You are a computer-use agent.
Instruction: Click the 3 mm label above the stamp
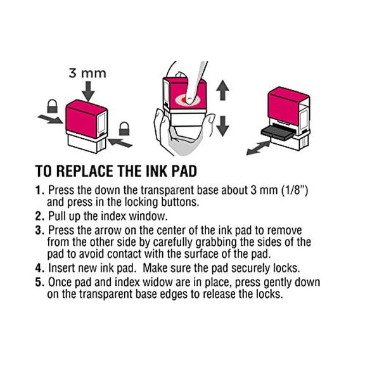click(87, 73)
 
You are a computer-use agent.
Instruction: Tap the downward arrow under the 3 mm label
click(88, 91)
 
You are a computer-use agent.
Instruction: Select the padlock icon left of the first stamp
click(52, 106)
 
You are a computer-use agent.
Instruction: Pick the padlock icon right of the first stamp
click(124, 129)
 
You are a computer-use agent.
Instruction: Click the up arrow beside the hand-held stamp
click(222, 91)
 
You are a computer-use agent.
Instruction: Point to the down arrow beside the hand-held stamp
click(222, 126)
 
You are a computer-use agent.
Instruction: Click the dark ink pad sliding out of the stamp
click(277, 133)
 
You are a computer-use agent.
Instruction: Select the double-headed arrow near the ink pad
click(258, 148)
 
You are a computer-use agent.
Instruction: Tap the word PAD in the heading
click(184, 171)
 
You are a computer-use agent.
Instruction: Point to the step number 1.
click(39, 190)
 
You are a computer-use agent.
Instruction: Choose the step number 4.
click(39, 268)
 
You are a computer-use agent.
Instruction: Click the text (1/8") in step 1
click(295, 190)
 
